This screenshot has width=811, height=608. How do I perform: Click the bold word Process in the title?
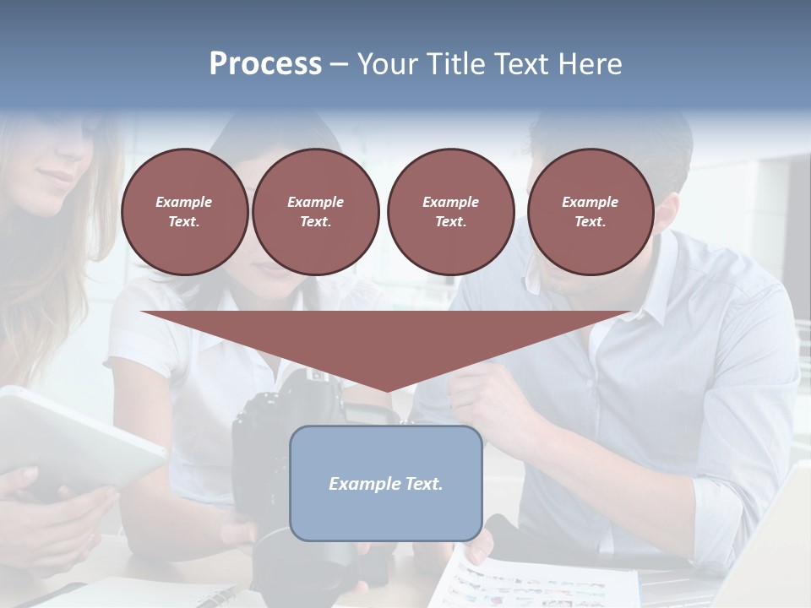pos(265,64)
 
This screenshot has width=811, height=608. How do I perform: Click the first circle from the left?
pos(184,212)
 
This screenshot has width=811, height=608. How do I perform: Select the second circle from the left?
pos(315,212)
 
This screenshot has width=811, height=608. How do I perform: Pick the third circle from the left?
pos(450,212)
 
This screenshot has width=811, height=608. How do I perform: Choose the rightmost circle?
pos(590,212)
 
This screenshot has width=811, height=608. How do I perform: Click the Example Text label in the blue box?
pos(386,484)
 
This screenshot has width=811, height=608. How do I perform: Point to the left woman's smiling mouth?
pos(57,178)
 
